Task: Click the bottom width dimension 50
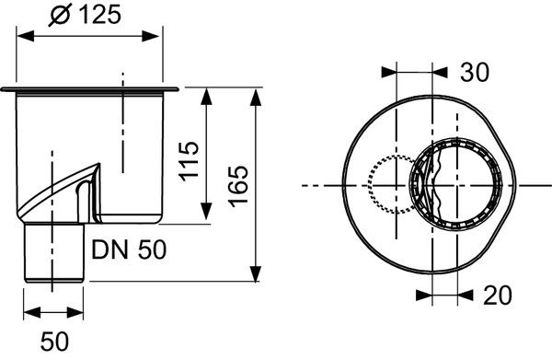point(55,341)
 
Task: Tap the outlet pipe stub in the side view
point(54,253)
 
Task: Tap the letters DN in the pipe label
point(109,248)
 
